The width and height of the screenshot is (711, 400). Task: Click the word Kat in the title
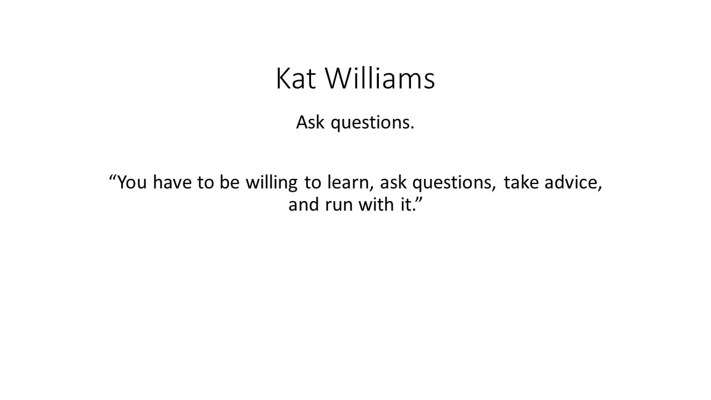pyautogui.click(x=296, y=78)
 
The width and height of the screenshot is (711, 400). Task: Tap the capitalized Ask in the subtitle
pyautogui.click(x=310, y=122)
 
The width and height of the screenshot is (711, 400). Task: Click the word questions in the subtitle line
pyautogui.click(x=373, y=123)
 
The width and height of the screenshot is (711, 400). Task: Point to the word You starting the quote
pyautogui.click(x=132, y=182)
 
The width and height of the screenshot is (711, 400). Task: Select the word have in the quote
pyautogui.click(x=172, y=182)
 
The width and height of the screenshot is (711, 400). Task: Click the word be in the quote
pyautogui.click(x=229, y=182)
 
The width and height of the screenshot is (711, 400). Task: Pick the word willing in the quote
pyautogui.click(x=272, y=183)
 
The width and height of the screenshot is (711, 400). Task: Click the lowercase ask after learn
pyautogui.click(x=393, y=182)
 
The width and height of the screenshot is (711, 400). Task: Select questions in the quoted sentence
pyautogui.click(x=454, y=183)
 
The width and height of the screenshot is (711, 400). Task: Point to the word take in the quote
pyautogui.click(x=521, y=182)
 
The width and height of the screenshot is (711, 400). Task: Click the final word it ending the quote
pyautogui.click(x=408, y=204)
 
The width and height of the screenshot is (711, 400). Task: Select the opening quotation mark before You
pyautogui.click(x=113, y=177)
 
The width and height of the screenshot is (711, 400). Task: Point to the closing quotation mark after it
pyautogui.click(x=419, y=199)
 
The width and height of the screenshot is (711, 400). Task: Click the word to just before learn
pyautogui.click(x=313, y=183)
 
